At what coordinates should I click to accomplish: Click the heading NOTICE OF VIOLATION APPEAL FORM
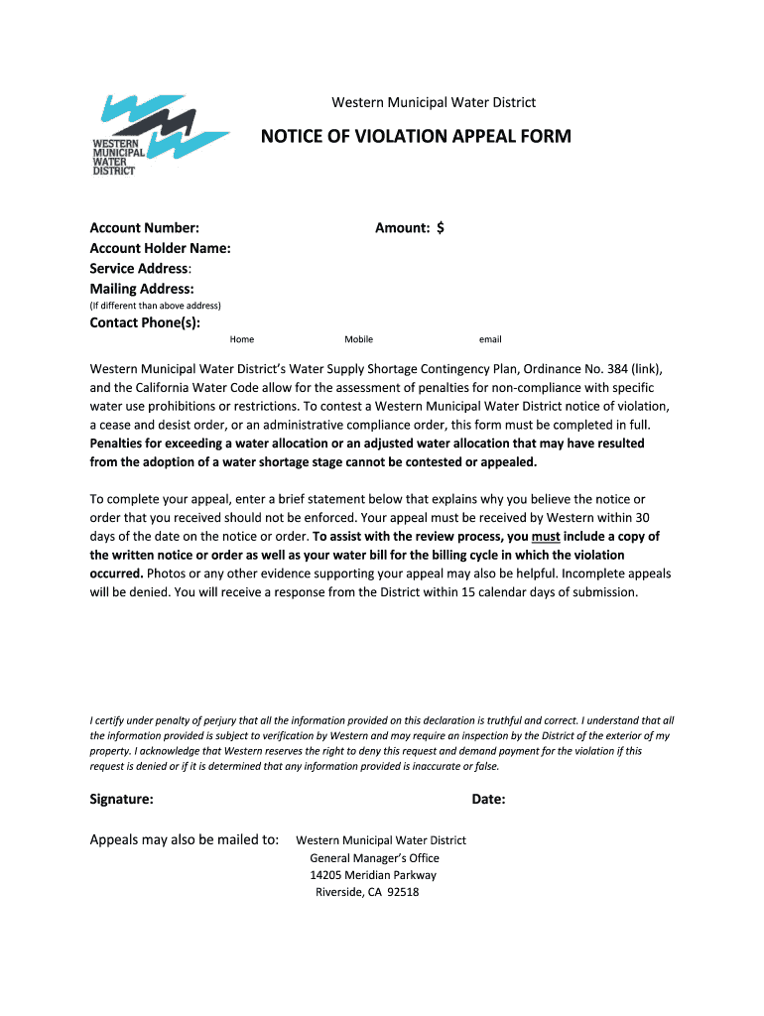tap(416, 136)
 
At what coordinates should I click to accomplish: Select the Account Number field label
tap(144, 228)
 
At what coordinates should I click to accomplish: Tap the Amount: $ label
tap(409, 228)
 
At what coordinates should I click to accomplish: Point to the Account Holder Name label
tap(160, 248)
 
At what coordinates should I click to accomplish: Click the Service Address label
tap(140, 269)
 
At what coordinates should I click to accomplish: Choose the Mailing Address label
tap(142, 289)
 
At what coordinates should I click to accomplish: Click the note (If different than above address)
tap(155, 306)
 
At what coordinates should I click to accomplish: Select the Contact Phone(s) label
tap(145, 322)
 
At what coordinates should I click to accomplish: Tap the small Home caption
tap(242, 339)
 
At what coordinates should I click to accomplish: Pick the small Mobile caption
tap(358, 339)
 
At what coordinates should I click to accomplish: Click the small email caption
tap(490, 339)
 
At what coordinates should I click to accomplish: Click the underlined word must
tap(547, 537)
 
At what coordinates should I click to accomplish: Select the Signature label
tap(121, 799)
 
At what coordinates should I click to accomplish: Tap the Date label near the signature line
tap(488, 799)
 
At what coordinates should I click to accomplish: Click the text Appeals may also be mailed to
tap(185, 839)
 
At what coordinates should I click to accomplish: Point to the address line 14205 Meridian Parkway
tap(373, 875)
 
